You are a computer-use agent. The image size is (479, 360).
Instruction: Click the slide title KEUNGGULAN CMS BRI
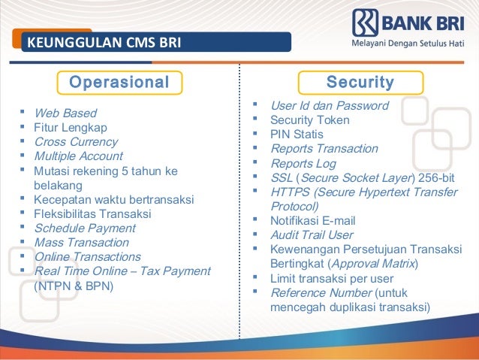point(104,42)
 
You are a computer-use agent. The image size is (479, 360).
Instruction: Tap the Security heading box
point(360,81)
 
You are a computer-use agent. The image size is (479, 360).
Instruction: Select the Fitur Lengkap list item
point(71,128)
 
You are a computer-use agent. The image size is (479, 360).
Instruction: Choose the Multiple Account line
point(78,156)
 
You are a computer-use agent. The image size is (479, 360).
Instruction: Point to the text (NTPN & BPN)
point(74,286)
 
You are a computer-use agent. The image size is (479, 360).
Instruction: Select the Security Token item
point(309,120)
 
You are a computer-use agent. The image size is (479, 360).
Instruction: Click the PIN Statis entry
point(297,135)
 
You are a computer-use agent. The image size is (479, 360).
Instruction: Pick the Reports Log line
point(303,163)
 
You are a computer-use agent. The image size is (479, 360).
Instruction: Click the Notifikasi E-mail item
point(312,221)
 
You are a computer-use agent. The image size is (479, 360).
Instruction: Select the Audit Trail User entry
point(311,235)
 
